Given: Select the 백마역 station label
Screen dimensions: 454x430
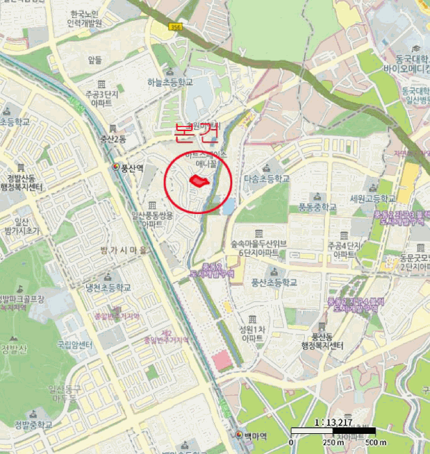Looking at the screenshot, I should click(256, 435).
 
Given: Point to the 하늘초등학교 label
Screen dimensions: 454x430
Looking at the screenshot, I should click(170, 82).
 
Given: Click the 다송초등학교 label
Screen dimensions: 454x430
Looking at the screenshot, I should click(266, 178).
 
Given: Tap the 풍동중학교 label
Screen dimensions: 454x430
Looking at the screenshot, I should click(318, 207).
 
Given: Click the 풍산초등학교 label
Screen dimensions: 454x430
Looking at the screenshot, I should click(274, 282).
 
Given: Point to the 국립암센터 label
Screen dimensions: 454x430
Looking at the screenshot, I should click(74, 344).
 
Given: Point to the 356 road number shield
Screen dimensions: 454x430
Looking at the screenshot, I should click(174, 27).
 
